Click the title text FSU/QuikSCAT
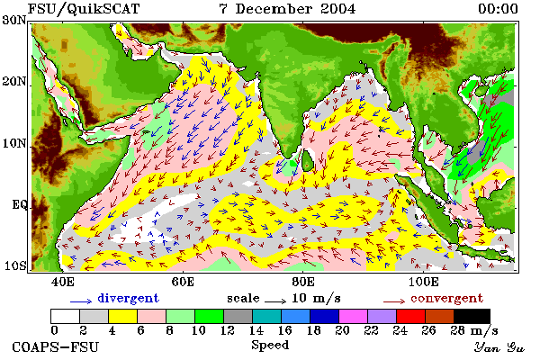[x=84, y=9]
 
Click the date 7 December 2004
[x=287, y=9]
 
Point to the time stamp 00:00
[x=498, y=9]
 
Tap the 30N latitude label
[x=14, y=20]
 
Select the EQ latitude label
[x=19, y=204]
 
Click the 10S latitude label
[x=15, y=265]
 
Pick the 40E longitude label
[x=62, y=282]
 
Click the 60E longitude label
[x=183, y=282]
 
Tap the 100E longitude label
[x=424, y=282]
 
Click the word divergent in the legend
[x=128, y=298]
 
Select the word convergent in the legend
[x=447, y=298]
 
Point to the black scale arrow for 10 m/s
[x=275, y=301]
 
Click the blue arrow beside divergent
[x=81, y=301]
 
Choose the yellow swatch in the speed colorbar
[x=122, y=316]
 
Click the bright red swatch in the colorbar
[x=410, y=316]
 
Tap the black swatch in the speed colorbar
[x=472, y=316]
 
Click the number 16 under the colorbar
[x=284, y=330]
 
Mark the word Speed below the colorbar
[x=270, y=346]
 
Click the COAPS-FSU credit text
[x=56, y=346]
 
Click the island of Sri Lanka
[x=308, y=160]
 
